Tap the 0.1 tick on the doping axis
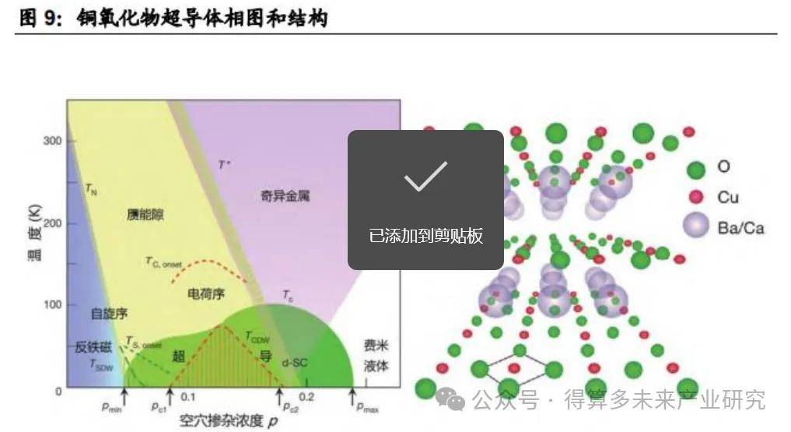[x=187, y=397]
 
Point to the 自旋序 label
[x=109, y=313]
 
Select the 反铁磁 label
[x=93, y=347]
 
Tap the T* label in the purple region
[x=224, y=165]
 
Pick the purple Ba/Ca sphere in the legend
[x=696, y=227]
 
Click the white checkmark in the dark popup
[x=425, y=177]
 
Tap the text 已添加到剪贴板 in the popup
[x=425, y=235]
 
